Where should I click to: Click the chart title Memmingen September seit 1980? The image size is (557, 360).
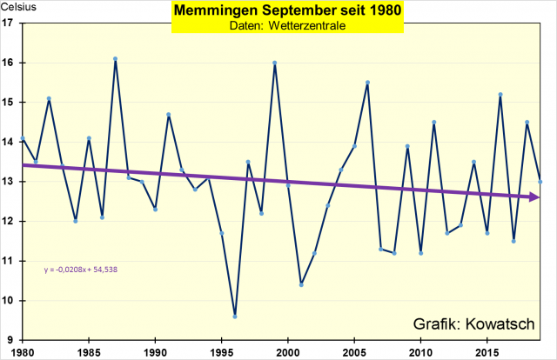coord(278,12)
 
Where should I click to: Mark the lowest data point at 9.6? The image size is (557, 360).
coord(235,317)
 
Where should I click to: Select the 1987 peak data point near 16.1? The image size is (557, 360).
coord(115,58)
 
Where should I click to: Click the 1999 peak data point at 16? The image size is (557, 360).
coord(275,63)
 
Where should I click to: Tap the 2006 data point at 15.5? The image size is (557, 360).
coord(368,83)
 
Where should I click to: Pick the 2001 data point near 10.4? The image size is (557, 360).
coord(301,284)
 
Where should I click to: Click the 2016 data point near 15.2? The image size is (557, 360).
coord(500,94)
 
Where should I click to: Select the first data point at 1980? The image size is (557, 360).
coord(22,138)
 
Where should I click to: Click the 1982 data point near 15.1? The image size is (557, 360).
coord(49,98)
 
